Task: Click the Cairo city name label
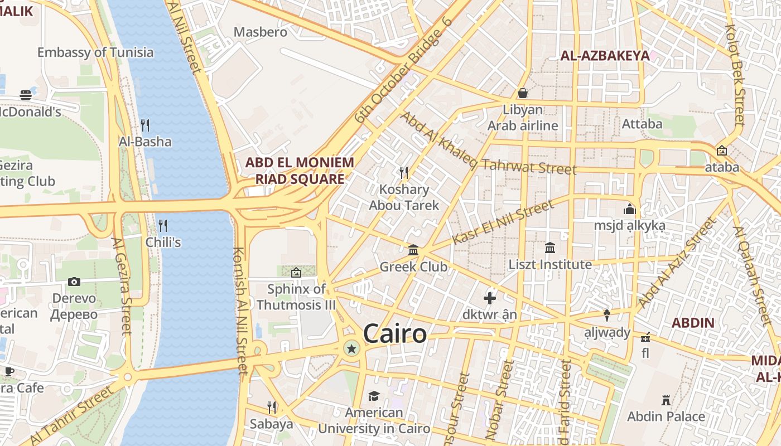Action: point(394,334)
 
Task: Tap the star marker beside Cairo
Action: point(351,350)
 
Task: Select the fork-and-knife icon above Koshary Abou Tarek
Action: point(404,173)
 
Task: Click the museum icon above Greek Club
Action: point(413,250)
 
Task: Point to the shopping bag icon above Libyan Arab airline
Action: point(523,93)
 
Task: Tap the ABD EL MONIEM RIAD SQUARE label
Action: point(300,171)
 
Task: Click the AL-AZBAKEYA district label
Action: point(605,56)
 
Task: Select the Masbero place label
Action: point(261,32)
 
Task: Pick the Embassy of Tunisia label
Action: point(95,52)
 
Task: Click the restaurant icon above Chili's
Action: point(163,226)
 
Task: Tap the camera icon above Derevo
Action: point(74,282)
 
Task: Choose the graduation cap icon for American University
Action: point(374,396)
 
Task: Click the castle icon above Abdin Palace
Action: point(666,400)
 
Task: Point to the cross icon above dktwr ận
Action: point(490,298)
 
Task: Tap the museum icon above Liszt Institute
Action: point(550,248)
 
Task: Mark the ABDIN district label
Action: point(693,322)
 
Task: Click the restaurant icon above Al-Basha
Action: point(145,125)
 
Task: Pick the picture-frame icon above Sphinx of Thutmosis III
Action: point(296,273)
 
